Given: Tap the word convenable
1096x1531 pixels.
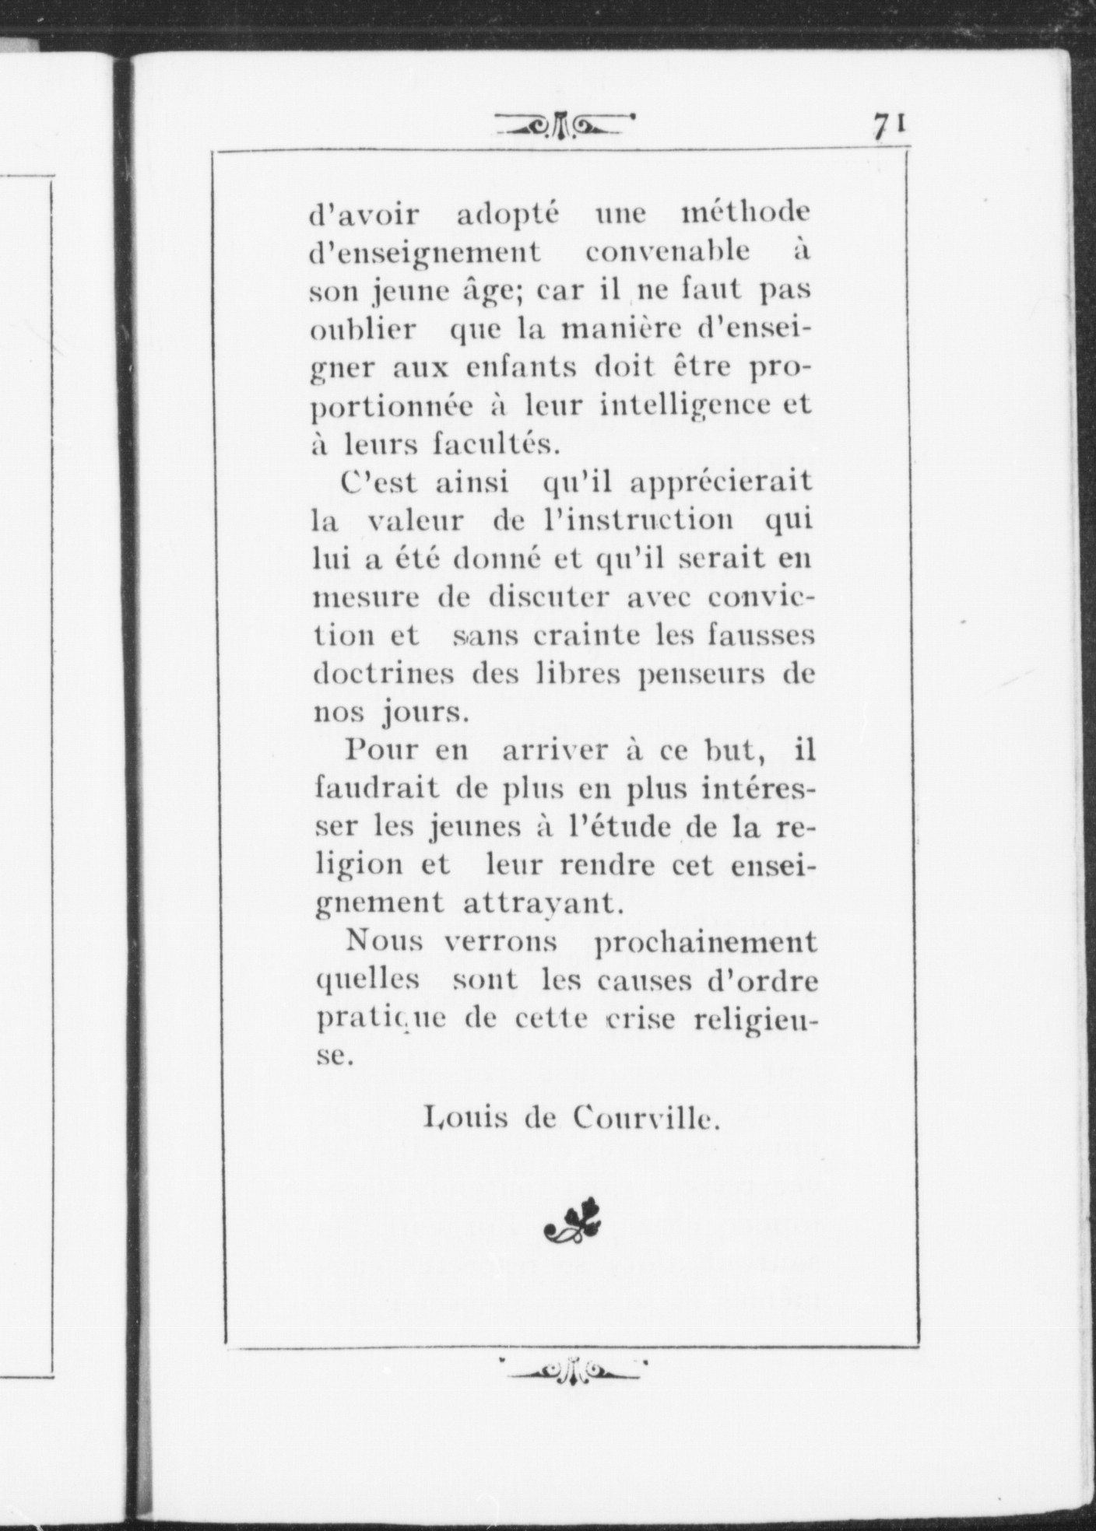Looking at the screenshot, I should [x=668, y=252].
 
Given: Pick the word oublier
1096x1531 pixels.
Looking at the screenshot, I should [x=364, y=329].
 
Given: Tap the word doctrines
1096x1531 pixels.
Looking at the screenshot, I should [x=384, y=674].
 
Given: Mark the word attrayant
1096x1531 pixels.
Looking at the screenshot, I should [x=543, y=903].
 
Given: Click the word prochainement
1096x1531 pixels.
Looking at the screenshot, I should [x=705, y=943].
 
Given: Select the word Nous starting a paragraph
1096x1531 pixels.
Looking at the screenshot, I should [x=385, y=941].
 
